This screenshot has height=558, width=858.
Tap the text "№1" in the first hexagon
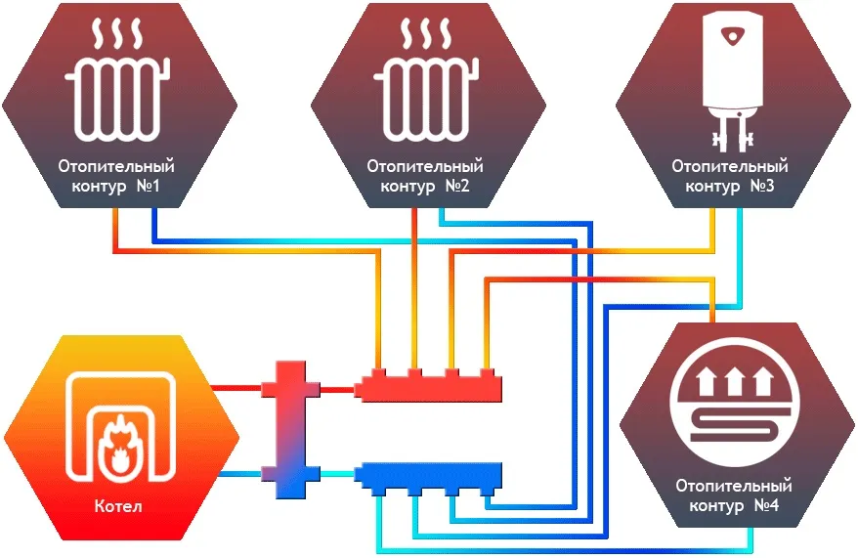coord(150,186)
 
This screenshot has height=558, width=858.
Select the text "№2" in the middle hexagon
coord(456,186)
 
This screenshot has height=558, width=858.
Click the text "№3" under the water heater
coord(761,186)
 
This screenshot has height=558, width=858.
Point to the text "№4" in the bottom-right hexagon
coord(762,505)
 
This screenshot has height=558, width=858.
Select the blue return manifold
coord(429,476)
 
